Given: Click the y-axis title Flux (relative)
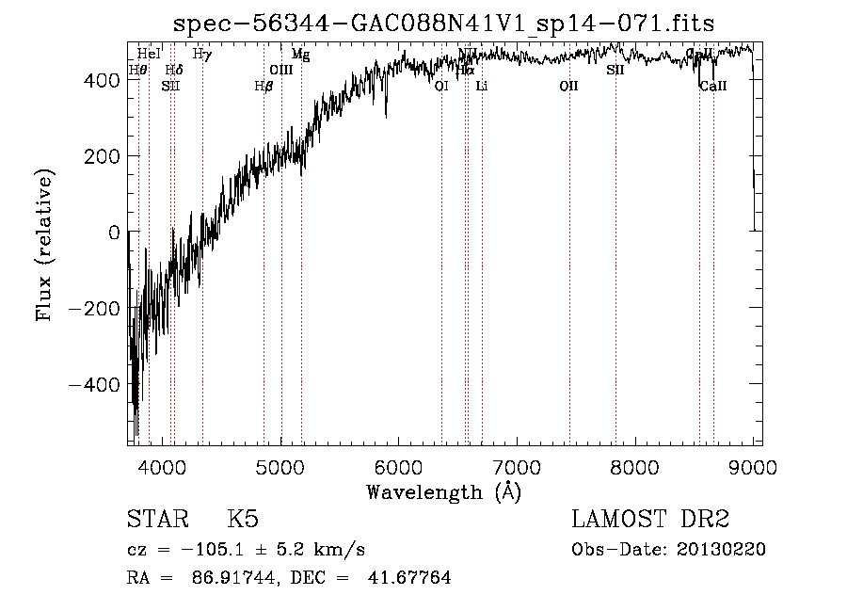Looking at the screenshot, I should [44, 243].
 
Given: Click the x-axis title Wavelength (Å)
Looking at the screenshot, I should [443, 491].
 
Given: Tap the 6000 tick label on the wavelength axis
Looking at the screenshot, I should [399, 464].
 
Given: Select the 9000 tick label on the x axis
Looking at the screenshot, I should [753, 464].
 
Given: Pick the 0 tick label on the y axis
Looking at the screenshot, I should [113, 232].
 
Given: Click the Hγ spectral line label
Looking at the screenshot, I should [202, 55].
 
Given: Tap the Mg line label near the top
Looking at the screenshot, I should [300, 55].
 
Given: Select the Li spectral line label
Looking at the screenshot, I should [482, 86].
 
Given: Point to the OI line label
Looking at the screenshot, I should [441, 86].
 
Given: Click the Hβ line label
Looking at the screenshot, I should [264, 86].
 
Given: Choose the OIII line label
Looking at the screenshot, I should [281, 70].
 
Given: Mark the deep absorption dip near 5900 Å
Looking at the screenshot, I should [386, 114].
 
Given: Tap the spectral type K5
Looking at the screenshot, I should [243, 520].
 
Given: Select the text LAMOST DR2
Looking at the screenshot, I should [650, 520].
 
